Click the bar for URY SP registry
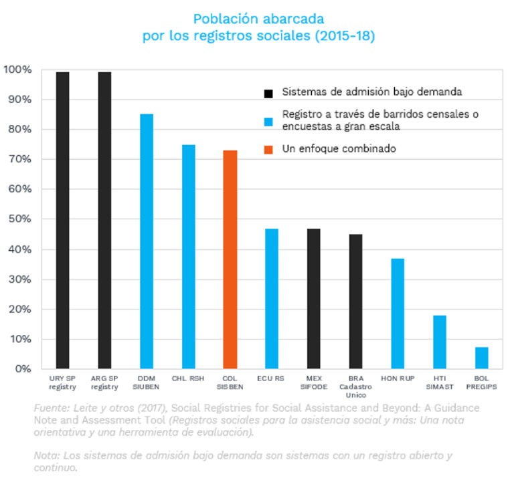point(62,221)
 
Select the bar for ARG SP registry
point(104,221)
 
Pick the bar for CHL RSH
point(188,257)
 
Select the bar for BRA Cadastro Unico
point(355,302)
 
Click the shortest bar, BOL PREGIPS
point(481,358)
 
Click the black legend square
point(268,92)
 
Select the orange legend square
point(268,150)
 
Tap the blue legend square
point(268,121)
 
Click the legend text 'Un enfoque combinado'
point(339,149)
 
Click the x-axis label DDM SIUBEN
point(146,382)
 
